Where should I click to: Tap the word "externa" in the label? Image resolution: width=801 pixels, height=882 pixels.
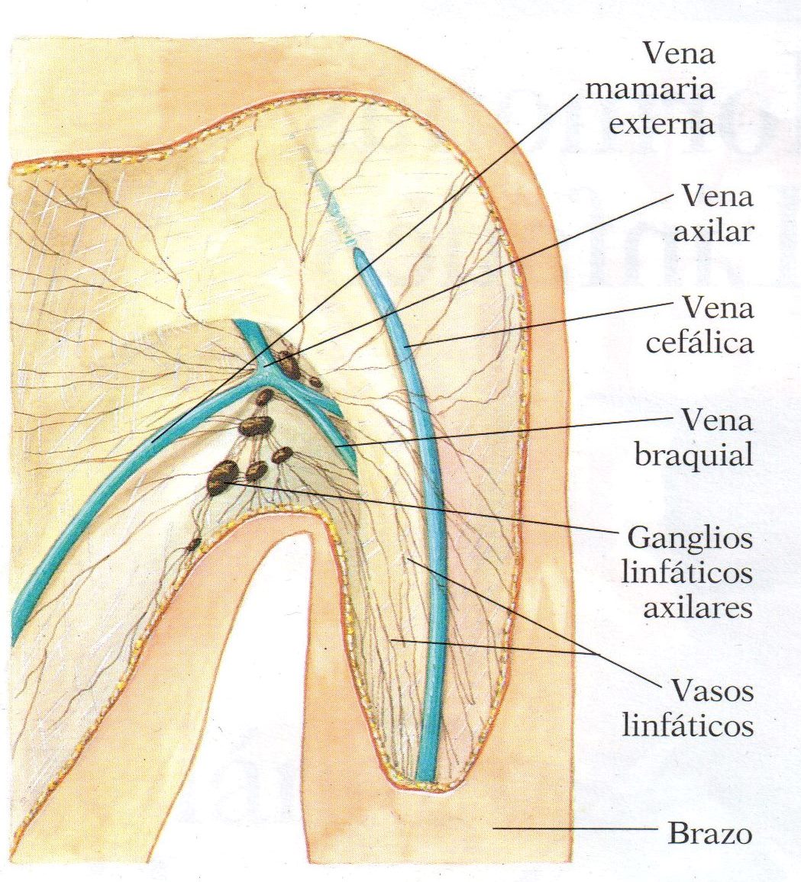click(661, 123)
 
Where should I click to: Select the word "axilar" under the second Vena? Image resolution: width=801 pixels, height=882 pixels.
click(712, 230)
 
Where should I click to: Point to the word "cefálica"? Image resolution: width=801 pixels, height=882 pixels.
click(700, 343)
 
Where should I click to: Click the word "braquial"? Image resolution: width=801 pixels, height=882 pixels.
click(694, 455)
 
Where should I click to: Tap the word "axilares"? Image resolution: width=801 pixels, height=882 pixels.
click(697, 609)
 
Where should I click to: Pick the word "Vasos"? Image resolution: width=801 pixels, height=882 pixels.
click(712, 691)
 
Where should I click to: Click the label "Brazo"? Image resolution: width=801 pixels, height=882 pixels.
click(710, 834)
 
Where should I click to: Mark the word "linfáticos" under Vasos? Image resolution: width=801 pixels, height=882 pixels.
click(688, 725)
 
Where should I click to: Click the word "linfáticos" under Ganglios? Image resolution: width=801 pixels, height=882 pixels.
click(686, 574)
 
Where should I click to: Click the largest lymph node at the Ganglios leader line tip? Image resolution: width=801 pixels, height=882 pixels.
click(224, 476)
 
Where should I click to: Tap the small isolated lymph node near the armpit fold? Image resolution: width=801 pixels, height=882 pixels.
click(195, 544)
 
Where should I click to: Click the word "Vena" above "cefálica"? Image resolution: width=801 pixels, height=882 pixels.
click(718, 308)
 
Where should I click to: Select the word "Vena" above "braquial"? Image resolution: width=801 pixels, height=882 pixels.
click(718, 421)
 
